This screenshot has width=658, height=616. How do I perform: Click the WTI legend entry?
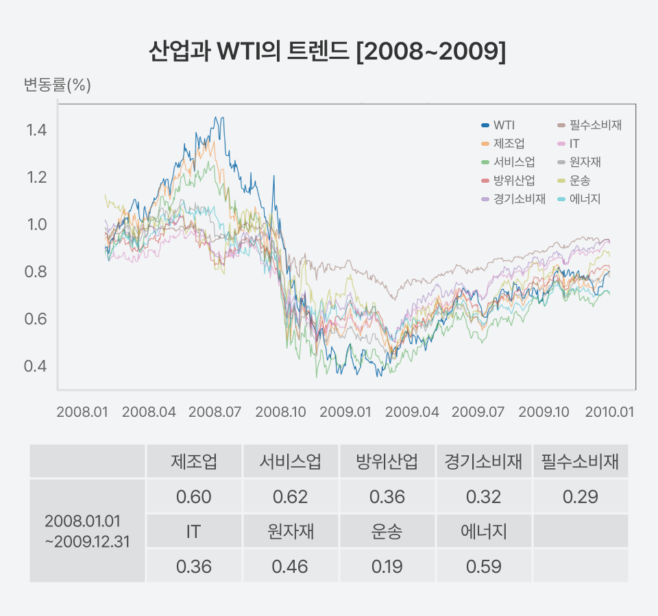click(x=504, y=125)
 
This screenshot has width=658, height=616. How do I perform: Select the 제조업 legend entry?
click(x=509, y=144)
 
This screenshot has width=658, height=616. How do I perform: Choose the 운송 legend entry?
click(x=579, y=181)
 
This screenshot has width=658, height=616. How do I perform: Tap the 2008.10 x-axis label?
click(x=280, y=412)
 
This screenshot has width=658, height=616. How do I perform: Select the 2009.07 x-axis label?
click(x=478, y=412)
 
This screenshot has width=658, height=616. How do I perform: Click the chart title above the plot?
click(x=328, y=53)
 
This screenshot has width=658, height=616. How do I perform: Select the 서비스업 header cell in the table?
click(x=290, y=462)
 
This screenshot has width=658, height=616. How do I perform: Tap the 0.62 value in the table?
click(x=290, y=497)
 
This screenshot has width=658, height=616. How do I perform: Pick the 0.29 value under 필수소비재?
click(x=580, y=497)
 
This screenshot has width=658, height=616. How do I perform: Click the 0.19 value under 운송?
click(x=387, y=567)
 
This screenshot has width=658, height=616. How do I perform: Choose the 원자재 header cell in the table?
click(x=290, y=532)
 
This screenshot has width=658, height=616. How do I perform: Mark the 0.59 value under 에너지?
click(x=483, y=567)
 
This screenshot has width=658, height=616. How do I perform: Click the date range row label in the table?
click(x=87, y=530)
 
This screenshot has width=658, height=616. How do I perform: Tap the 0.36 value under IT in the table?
click(x=193, y=567)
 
